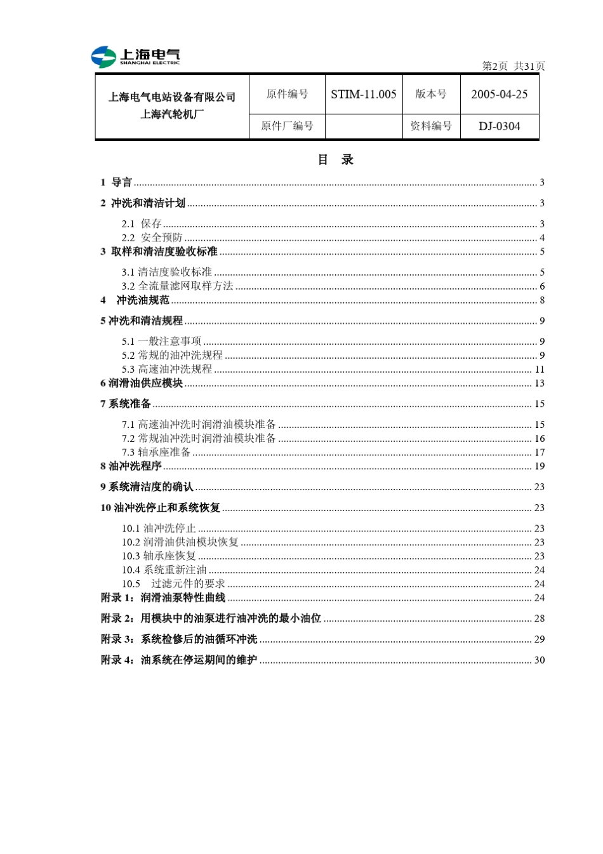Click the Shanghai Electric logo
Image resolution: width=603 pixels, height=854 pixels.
click(x=135, y=57)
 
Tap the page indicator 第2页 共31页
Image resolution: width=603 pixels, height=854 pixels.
click(x=513, y=66)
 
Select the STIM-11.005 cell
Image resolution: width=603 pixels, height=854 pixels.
click(x=363, y=95)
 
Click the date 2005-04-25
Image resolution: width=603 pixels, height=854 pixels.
click(x=499, y=95)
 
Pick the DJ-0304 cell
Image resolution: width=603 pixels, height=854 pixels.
click(x=499, y=126)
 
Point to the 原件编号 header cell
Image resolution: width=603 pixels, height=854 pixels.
click(x=287, y=95)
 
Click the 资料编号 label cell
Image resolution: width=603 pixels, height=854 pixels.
click(x=431, y=126)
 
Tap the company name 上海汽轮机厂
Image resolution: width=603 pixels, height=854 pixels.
click(x=172, y=114)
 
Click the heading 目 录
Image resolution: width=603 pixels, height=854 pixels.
click(x=335, y=160)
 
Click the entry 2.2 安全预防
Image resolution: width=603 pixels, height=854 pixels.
click(x=152, y=237)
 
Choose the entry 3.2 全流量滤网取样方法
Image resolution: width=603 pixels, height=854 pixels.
click(x=178, y=286)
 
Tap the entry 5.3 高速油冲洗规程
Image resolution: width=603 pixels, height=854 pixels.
click(x=167, y=370)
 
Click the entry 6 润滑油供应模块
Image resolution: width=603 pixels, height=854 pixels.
click(x=142, y=384)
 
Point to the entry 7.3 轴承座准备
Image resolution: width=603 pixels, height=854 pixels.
click(x=156, y=453)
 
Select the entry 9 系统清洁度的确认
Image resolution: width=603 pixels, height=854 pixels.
click(x=147, y=487)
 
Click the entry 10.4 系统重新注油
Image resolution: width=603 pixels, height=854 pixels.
click(x=164, y=570)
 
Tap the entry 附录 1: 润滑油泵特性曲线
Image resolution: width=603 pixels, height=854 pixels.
click(x=163, y=598)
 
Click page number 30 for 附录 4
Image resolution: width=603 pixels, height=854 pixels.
click(x=539, y=660)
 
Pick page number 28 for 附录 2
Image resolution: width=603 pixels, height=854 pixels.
click(x=539, y=618)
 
